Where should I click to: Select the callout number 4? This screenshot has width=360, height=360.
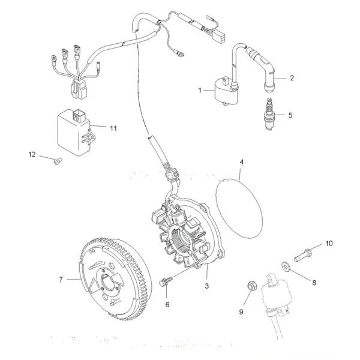(241, 163)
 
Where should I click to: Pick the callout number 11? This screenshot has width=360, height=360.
(112, 128)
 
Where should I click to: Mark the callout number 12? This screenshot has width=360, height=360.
(32, 154)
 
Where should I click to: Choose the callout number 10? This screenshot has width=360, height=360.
(328, 243)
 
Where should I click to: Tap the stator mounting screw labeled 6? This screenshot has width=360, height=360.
(166, 281)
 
